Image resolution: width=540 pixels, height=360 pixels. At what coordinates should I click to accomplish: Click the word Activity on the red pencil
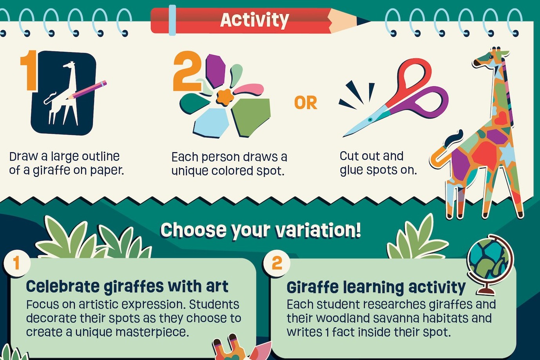click(254, 20)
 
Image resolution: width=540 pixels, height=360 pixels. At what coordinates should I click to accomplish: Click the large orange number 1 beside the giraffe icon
click(29, 71)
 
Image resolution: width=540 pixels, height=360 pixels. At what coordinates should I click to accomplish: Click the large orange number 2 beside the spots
click(188, 72)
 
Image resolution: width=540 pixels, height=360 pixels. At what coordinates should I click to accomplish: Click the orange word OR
click(306, 103)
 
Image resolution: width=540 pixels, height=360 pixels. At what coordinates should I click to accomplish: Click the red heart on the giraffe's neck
click(502, 118)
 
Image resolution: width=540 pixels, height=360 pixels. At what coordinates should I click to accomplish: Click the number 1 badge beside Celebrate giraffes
click(16, 263)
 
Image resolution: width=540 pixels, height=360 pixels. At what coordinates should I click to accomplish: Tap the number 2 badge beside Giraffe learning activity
click(277, 263)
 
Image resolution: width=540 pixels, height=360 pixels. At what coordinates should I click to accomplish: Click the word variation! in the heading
click(318, 230)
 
